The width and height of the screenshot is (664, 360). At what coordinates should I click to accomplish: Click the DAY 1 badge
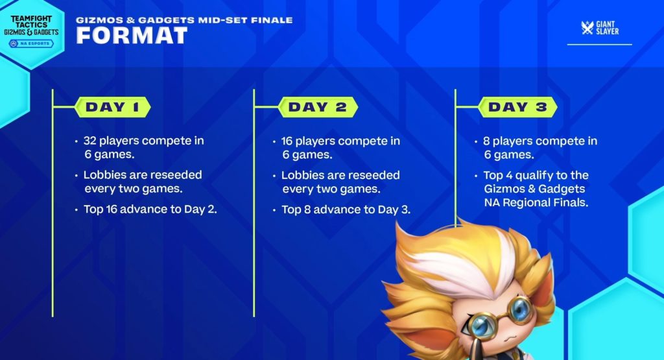pyautogui.click(x=113, y=107)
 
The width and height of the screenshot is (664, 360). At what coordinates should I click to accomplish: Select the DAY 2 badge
pyautogui.click(x=318, y=107)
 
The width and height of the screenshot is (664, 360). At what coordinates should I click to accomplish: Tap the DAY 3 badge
pyautogui.click(x=517, y=107)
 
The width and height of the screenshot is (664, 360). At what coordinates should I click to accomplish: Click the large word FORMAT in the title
pyautogui.click(x=132, y=36)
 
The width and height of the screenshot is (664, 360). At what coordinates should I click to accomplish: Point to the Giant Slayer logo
pyautogui.click(x=600, y=28)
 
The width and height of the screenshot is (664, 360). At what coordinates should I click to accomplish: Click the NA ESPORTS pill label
pyautogui.click(x=31, y=43)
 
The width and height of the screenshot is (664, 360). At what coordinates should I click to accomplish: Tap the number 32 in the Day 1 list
pyautogui.click(x=89, y=141)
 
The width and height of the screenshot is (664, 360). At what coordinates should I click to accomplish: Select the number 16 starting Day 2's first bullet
pyautogui.click(x=287, y=141)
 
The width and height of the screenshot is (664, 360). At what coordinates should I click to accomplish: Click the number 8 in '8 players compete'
pyautogui.click(x=486, y=141)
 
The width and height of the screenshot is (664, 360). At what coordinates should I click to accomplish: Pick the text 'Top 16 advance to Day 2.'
pyautogui.click(x=150, y=210)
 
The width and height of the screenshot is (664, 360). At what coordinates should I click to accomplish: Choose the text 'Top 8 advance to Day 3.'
pyautogui.click(x=346, y=210)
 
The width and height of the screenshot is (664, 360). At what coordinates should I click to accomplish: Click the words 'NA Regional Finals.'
pyautogui.click(x=536, y=202)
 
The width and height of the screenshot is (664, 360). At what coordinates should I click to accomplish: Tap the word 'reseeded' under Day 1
pyautogui.click(x=178, y=175)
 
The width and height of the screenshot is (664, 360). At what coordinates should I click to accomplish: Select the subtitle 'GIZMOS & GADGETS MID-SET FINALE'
pyautogui.click(x=184, y=20)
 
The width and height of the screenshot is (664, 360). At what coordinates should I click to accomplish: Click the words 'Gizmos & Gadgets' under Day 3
pyautogui.click(x=534, y=189)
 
